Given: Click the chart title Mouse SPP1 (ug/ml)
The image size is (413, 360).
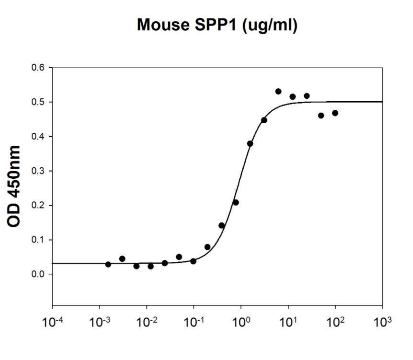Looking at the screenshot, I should pos(217,25).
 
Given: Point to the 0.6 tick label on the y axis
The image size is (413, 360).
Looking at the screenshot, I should pos(38,68).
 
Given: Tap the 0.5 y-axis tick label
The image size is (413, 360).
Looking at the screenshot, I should pos(38,102).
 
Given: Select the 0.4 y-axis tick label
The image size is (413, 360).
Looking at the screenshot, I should pos(38,137).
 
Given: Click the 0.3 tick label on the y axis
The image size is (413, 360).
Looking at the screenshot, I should pos(38,171).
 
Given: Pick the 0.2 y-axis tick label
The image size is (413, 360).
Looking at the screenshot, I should pos(38,206).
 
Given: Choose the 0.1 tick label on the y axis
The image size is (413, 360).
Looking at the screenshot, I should pos(38,240).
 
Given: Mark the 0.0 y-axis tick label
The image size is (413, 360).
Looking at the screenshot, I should pos(38,274).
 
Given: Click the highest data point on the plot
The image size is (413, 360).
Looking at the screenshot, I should pos(278,91).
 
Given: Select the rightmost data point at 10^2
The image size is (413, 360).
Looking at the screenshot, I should pos(335,113).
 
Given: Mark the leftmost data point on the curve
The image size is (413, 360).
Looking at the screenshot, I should pos(108,264).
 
